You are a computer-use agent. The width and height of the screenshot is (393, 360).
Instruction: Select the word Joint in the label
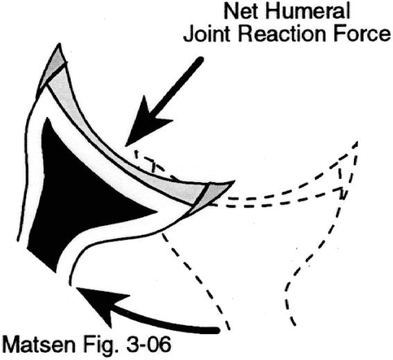pos(207,34)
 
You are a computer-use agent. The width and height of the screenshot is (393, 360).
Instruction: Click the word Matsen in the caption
pos(39,344)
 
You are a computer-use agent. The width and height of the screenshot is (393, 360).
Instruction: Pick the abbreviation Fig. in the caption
pos(100,345)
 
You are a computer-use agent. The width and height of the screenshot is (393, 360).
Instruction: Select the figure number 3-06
pos(147,344)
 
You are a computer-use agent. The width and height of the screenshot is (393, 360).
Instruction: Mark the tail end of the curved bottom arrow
pos(217,331)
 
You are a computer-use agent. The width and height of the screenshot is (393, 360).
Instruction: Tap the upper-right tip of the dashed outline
pos(357,142)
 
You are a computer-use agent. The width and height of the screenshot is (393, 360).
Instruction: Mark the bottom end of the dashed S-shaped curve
pos(295,325)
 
